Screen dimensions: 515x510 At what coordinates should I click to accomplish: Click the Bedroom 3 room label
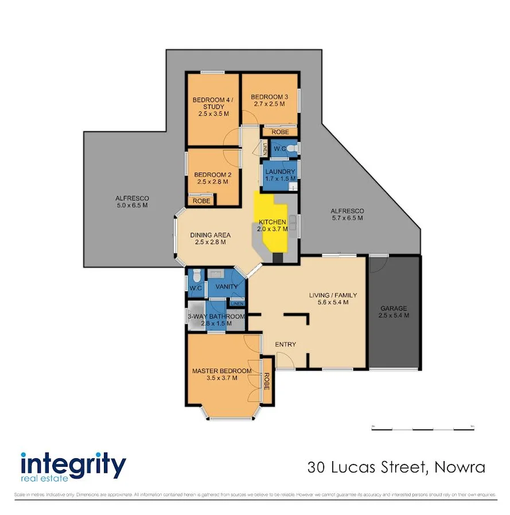pos(269,97)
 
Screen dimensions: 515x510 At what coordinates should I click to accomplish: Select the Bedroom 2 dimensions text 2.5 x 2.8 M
pos(213,182)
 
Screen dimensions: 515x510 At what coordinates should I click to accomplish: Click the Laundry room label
pos(281,171)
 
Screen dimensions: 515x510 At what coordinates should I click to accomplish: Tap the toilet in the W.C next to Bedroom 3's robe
pos(292,149)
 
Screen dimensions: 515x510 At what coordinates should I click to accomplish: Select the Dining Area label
pos(211,235)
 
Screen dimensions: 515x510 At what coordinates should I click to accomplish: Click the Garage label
pos(394,308)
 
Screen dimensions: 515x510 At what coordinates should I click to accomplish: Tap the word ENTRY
pos(285,344)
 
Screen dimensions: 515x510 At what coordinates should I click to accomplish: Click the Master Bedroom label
pos(221,370)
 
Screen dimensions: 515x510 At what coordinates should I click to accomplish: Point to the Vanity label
pos(225,287)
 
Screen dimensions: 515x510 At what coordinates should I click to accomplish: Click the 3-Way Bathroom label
pos(216,317)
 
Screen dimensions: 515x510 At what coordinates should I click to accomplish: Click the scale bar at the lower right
pos(422,428)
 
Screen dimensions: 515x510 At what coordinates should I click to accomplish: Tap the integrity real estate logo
pos(73,466)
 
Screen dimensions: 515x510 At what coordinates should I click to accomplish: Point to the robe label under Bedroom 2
pos(201,201)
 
